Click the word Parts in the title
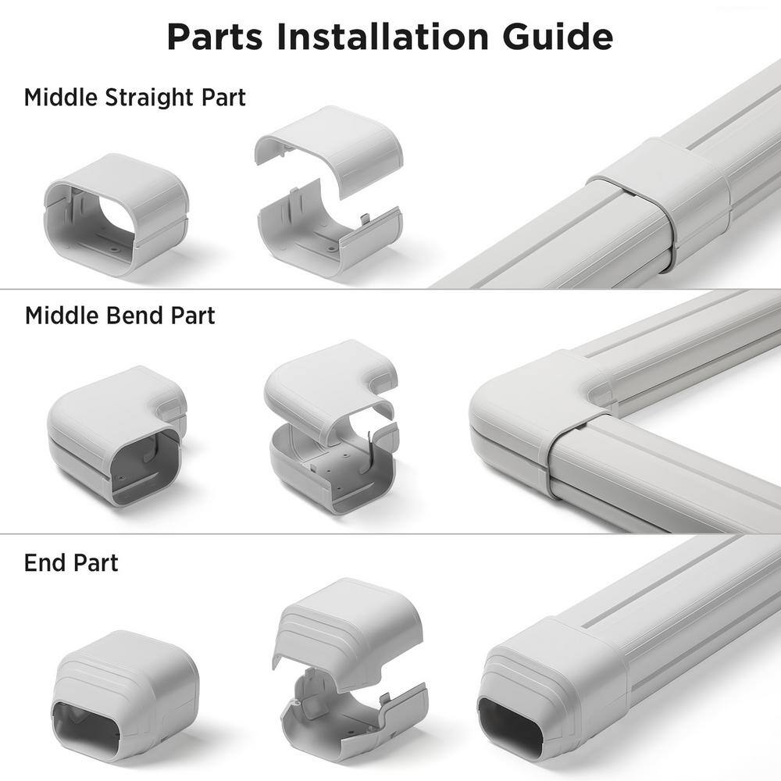coord(215,37)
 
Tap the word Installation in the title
coord(383,37)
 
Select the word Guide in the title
coord(558,37)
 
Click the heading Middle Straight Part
coord(135,98)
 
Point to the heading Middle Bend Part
coord(120,316)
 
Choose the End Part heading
coord(71,563)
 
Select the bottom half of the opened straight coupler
coord(329,232)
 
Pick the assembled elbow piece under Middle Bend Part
coord(116,436)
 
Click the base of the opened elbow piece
coord(333,468)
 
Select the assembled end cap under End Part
coord(124,697)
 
